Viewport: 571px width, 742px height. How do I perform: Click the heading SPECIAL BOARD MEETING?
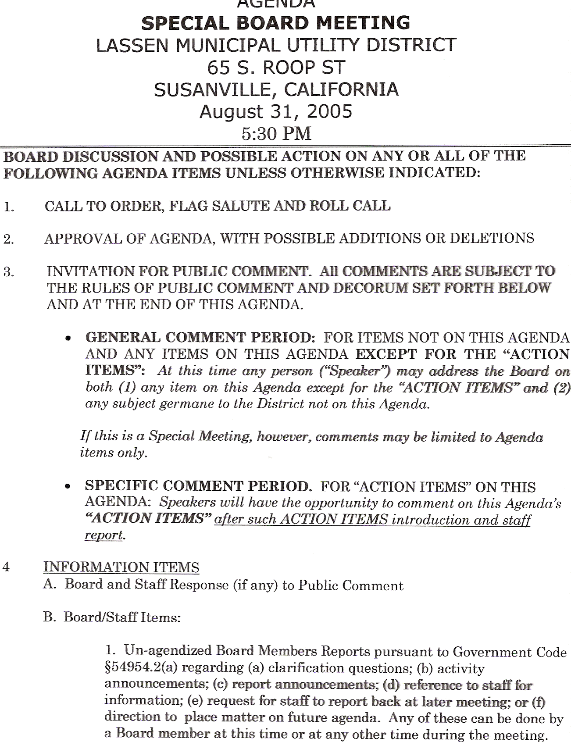pos(276,23)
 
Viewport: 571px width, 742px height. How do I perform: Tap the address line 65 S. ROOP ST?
pos(276,68)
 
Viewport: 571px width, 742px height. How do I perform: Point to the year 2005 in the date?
pos(329,112)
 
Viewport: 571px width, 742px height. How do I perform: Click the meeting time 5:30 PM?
pos(276,133)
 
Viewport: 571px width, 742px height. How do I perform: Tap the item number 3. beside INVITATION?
pos(9,272)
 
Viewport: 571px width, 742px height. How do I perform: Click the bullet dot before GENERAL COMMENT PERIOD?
pos(68,339)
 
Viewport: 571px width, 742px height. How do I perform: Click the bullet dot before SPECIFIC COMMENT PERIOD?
pos(68,487)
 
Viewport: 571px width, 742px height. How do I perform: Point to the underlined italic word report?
pos(103,535)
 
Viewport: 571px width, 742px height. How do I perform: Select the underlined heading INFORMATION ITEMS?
pos(121,567)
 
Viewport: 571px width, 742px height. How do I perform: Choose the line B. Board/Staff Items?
pos(112,617)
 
